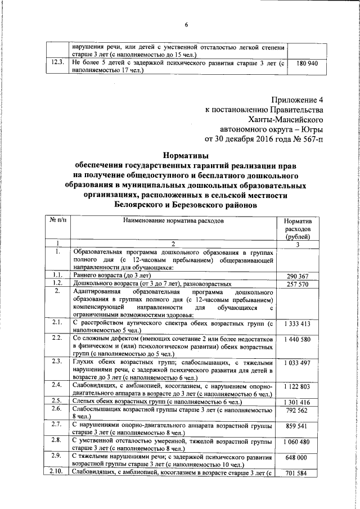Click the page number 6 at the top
coord(186,23)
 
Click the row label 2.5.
coord(56,401)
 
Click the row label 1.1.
coord(56,275)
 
